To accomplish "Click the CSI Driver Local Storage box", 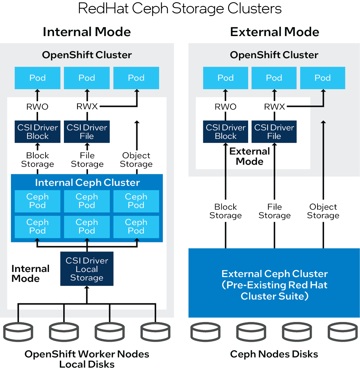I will [87, 269].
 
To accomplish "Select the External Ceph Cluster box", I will [274, 285].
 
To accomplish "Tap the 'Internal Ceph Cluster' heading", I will [87, 182].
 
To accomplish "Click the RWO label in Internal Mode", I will [37, 107].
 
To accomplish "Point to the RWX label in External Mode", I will [274, 107].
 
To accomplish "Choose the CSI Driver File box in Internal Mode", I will [87, 132].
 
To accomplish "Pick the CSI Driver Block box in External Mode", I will [226, 132].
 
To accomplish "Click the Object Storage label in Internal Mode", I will [136, 160].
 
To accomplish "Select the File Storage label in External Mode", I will [274, 211].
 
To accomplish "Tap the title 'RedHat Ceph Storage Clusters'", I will [180, 9].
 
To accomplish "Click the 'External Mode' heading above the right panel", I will [274, 32].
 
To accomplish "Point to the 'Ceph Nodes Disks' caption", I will [274, 354].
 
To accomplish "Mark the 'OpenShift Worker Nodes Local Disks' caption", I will [87, 359].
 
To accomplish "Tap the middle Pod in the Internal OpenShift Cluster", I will [87, 78].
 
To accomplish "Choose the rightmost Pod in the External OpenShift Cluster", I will [323, 78].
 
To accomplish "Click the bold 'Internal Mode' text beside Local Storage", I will [31, 273].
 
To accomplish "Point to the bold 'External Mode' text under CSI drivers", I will [250, 156].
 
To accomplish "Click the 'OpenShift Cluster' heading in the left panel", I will [87, 55].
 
